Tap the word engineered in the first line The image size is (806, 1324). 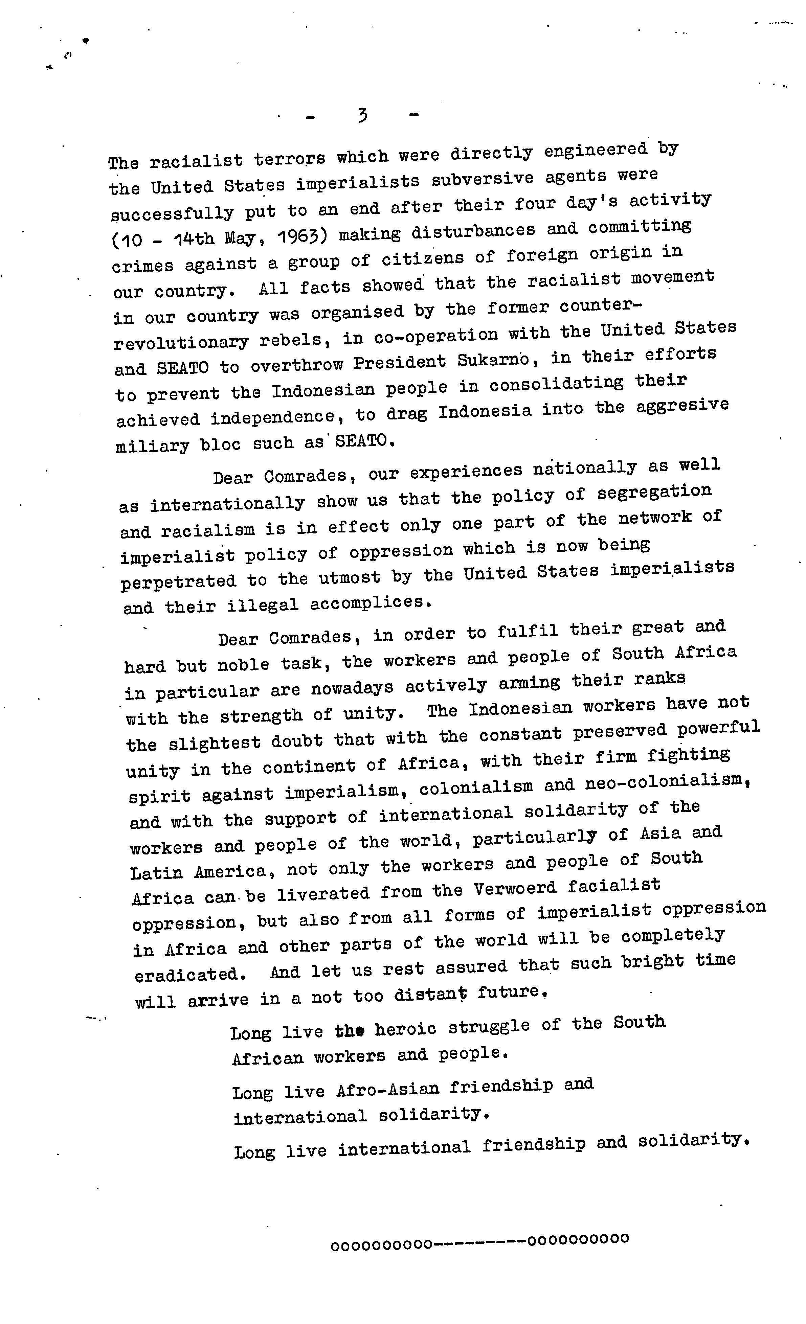[596, 151]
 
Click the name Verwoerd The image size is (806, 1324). [515, 889]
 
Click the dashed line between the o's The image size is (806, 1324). [479, 1240]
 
